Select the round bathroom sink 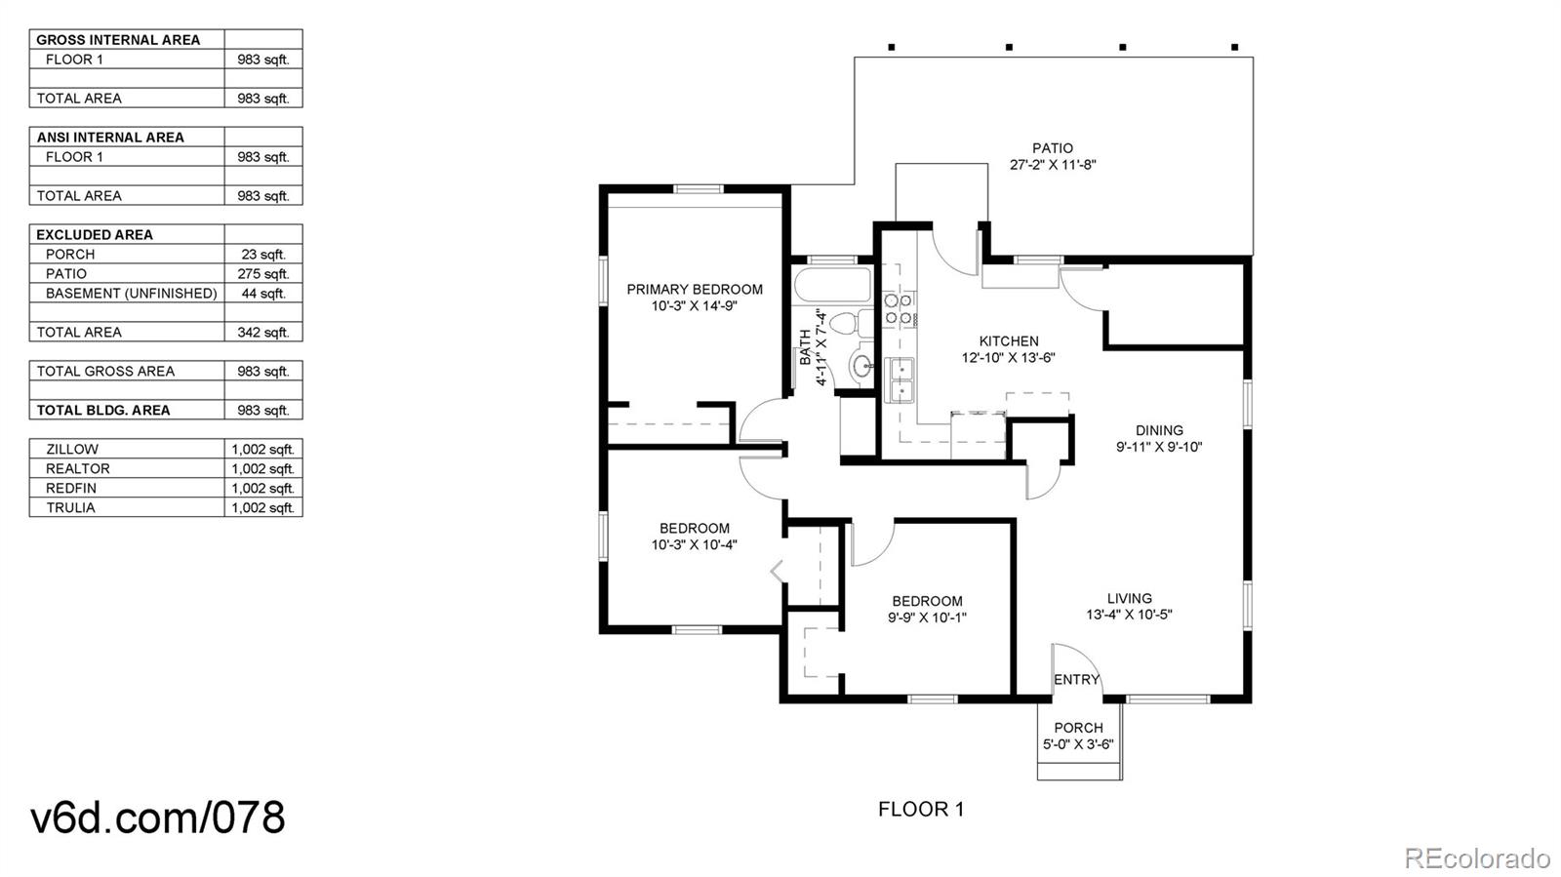(x=862, y=364)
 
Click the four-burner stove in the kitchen (x=899, y=309)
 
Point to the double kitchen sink (x=900, y=380)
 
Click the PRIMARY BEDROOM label (x=694, y=289)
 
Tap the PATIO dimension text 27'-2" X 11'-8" (x=1053, y=165)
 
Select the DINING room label (x=1159, y=430)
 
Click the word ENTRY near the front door (x=1076, y=679)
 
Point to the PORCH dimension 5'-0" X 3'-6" (x=1078, y=744)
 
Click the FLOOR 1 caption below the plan (x=921, y=810)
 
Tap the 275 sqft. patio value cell (x=263, y=274)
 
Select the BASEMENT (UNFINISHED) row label (x=131, y=294)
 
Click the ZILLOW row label (x=72, y=450)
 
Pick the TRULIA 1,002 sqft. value (x=263, y=508)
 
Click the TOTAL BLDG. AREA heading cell (x=103, y=411)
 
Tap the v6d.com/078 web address (x=157, y=817)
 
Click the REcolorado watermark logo (x=1475, y=857)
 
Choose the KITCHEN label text (x=1009, y=341)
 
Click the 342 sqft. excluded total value (x=263, y=333)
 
